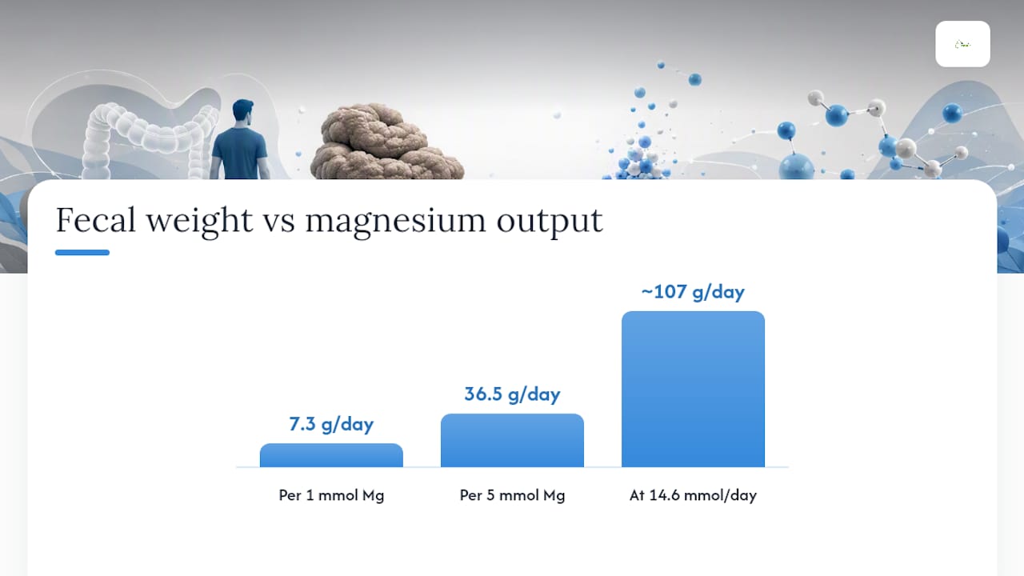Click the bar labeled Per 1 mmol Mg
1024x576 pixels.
coord(331,455)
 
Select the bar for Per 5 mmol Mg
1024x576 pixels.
coord(512,440)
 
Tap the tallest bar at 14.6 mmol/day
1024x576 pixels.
coord(693,389)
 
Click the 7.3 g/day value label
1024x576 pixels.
coord(331,424)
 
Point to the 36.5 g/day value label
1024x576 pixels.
coord(512,394)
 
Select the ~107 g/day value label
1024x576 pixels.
coord(693,292)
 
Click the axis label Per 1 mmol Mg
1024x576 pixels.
coord(331,495)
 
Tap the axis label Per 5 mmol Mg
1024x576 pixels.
coord(512,495)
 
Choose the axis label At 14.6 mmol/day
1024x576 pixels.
coord(693,495)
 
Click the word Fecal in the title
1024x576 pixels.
coord(95,220)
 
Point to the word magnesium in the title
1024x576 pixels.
coord(395,222)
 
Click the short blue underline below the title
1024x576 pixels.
coord(82,252)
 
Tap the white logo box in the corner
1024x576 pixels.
coord(962,44)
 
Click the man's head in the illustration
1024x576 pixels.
coord(242,111)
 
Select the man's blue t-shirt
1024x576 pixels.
coord(239,153)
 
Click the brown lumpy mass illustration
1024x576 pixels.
coord(386,142)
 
